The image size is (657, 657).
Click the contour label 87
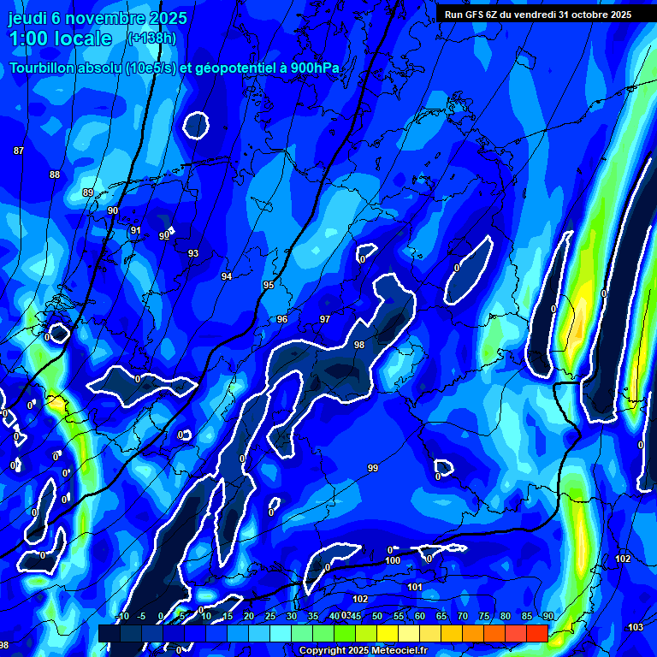coord(19,151)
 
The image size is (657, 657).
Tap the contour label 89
coord(88,192)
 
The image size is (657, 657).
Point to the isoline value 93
coord(193,253)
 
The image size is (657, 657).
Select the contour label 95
coord(269,285)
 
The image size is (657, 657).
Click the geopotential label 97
coord(325,319)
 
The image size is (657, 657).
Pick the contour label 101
coord(415,587)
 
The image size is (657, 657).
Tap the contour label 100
coord(393,560)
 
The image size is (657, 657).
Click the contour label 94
coord(227,276)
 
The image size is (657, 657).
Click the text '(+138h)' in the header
coord(151,38)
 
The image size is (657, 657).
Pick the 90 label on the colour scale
coord(547,617)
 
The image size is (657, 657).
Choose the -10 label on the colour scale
coord(121,617)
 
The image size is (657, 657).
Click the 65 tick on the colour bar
coord(441,617)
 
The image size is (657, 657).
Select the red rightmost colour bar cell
coord(537,633)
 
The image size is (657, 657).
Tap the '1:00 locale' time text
coord(61,38)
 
